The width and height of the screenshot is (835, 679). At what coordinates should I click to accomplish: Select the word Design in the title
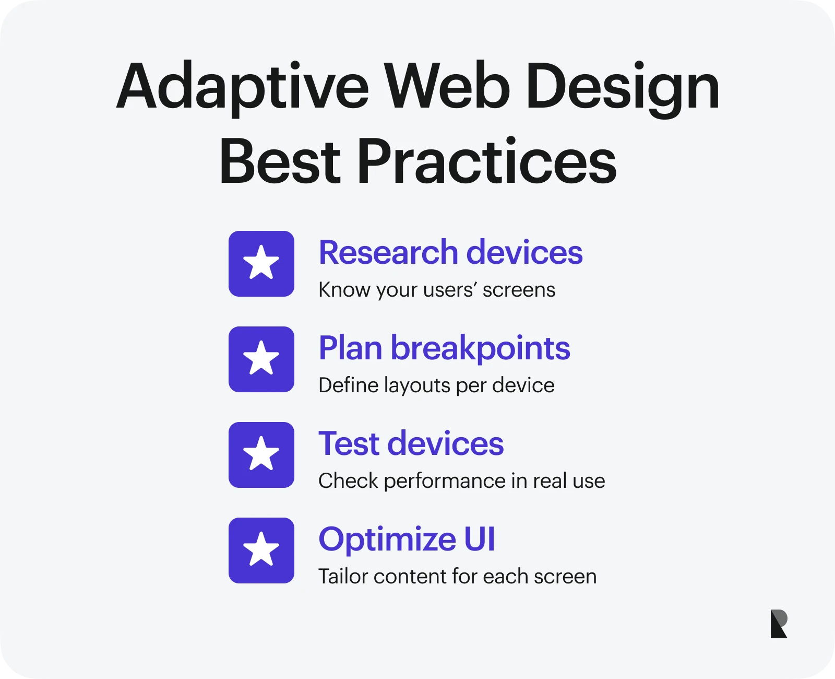point(623,89)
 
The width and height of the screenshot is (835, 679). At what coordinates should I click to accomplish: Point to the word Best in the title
point(280,161)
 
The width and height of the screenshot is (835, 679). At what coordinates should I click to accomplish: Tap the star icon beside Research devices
point(261,264)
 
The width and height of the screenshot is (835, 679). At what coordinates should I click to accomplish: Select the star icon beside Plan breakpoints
point(261,359)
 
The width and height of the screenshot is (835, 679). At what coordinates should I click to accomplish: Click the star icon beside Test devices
point(261,455)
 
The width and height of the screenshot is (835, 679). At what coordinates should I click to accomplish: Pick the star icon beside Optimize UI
point(261,551)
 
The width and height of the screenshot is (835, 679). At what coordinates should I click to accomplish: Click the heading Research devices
point(451,252)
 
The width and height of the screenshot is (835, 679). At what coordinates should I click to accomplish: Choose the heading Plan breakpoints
point(445,348)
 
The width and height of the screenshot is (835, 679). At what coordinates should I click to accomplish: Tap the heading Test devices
point(411,443)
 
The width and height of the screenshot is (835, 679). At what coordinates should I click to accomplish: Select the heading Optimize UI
point(407,540)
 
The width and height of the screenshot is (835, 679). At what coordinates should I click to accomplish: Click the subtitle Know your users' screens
point(437,290)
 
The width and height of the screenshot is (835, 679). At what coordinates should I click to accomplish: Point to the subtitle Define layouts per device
point(437,385)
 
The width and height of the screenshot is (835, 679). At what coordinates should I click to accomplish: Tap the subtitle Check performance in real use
point(462,481)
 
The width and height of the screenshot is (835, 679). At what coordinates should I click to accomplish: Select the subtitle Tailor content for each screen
point(458,577)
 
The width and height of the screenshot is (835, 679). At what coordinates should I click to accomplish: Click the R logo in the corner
point(779,624)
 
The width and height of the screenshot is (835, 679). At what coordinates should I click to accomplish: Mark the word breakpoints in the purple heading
point(481,349)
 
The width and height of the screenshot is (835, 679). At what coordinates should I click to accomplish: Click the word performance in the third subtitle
point(445,482)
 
